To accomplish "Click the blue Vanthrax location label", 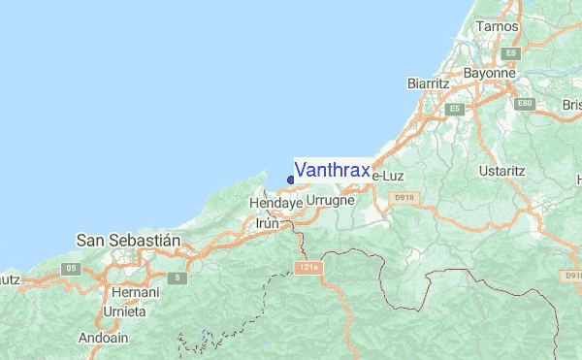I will [x=331, y=171].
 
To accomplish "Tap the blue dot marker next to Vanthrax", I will [x=290, y=179].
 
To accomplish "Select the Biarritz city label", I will [x=430, y=85].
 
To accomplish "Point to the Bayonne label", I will [x=489, y=73].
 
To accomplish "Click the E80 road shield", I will [x=526, y=103].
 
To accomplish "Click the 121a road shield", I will [x=308, y=267].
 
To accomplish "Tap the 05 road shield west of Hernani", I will [x=70, y=268].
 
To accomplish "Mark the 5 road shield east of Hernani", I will [x=177, y=278].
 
